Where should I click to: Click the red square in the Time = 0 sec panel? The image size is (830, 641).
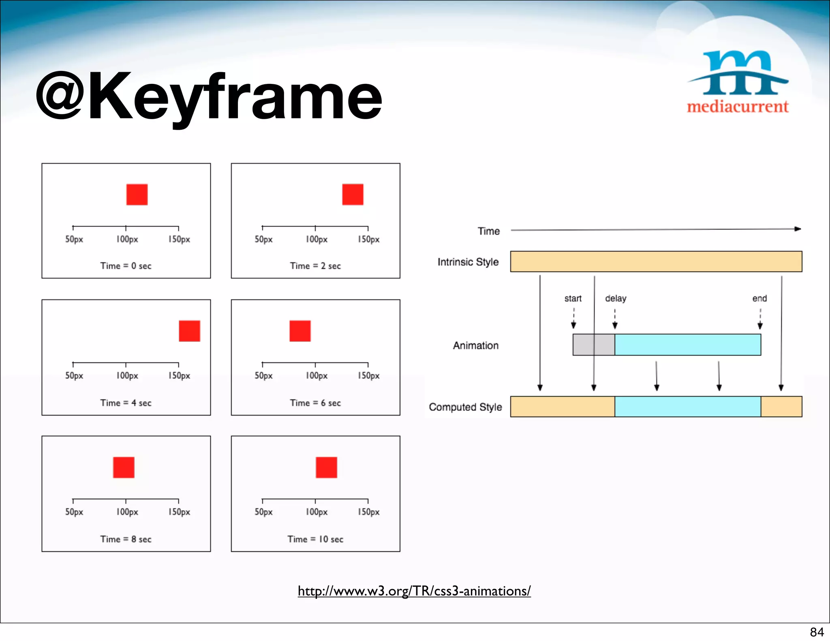[x=137, y=194]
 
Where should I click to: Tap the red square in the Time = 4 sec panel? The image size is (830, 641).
[x=189, y=331]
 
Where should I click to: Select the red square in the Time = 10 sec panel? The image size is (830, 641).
[x=326, y=467]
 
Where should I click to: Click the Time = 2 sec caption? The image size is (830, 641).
[x=315, y=266]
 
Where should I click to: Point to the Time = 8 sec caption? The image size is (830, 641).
[x=126, y=539]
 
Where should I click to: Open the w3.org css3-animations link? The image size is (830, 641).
[x=414, y=591]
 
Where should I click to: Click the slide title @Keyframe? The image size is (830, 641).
[x=209, y=97]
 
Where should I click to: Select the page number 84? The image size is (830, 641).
[x=817, y=632]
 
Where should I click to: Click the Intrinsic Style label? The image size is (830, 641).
[x=468, y=262]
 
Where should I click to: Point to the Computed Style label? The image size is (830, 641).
[x=465, y=407]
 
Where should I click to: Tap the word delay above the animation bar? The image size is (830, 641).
[x=616, y=299]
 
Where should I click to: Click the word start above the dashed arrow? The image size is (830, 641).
[x=573, y=299]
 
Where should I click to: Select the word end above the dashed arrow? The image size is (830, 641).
[x=759, y=299]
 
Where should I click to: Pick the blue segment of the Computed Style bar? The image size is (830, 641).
[x=687, y=407]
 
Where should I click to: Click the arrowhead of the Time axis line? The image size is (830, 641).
[x=798, y=229]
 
